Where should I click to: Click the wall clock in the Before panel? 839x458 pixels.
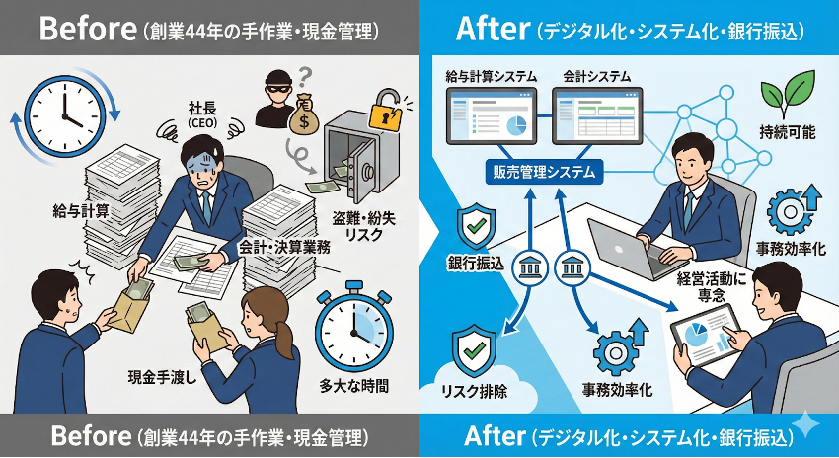coord(63,114)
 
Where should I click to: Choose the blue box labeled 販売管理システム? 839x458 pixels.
coord(543,172)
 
